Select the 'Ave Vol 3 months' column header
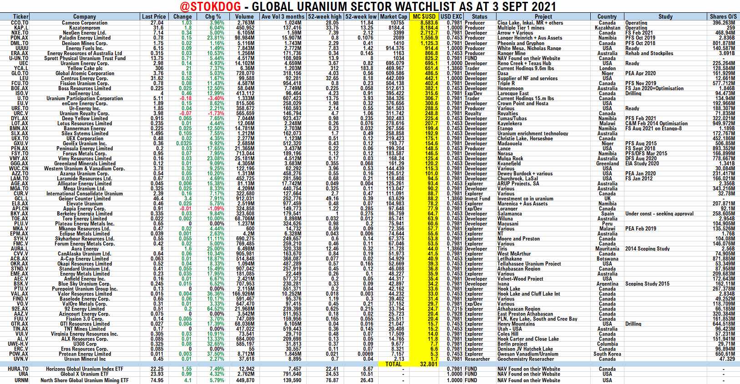(x=283, y=16)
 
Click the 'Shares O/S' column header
(x=724, y=16)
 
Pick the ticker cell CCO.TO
(x=20, y=23)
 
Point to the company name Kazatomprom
(x=85, y=28)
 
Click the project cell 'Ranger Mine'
(x=511, y=53)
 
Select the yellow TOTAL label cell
(x=393, y=364)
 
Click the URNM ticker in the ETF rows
(x=21, y=380)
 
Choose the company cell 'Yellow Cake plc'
(x=85, y=68)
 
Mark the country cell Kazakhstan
(x=607, y=28)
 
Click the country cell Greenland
(x=607, y=164)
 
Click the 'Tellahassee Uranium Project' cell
(x=529, y=264)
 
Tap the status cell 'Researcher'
(x=477, y=359)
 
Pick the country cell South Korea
(x=607, y=354)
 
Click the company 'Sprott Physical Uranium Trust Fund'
(x=85, y=58)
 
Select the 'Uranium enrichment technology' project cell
(x=532, y=133)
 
